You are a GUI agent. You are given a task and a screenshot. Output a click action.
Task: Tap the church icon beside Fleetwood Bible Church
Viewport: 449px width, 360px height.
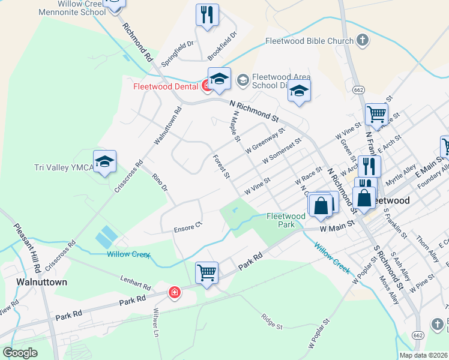pyautogui.click(x=362, y=41)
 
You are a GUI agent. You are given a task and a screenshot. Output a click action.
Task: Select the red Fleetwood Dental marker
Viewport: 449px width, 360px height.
pyautogui.click(x=206, y=86)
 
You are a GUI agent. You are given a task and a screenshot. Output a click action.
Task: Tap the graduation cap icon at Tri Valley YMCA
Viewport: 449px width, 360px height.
pyautogui.click(x=104, y=161)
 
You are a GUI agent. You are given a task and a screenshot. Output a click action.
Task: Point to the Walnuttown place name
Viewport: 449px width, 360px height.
pyautogui.click(x=41, y=281)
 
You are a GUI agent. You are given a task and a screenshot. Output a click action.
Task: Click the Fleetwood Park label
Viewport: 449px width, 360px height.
pyautogui.click(x=286, y=220)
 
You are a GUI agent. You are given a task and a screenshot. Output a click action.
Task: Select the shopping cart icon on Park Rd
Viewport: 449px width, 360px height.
pyautogui.click(x=206, y=272)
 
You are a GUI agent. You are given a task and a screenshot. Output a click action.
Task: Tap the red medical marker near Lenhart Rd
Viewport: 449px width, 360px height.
pyautogui.click(x=174, y=293)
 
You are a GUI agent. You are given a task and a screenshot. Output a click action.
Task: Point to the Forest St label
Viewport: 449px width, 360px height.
pyautogui.click(x=222, y=167)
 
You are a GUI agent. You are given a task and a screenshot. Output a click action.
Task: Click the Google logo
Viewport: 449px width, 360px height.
pyautogui.click(x=20, y=353)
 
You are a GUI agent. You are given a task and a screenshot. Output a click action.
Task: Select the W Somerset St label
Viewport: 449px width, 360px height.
pyautogui.click(x=282, y=151)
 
